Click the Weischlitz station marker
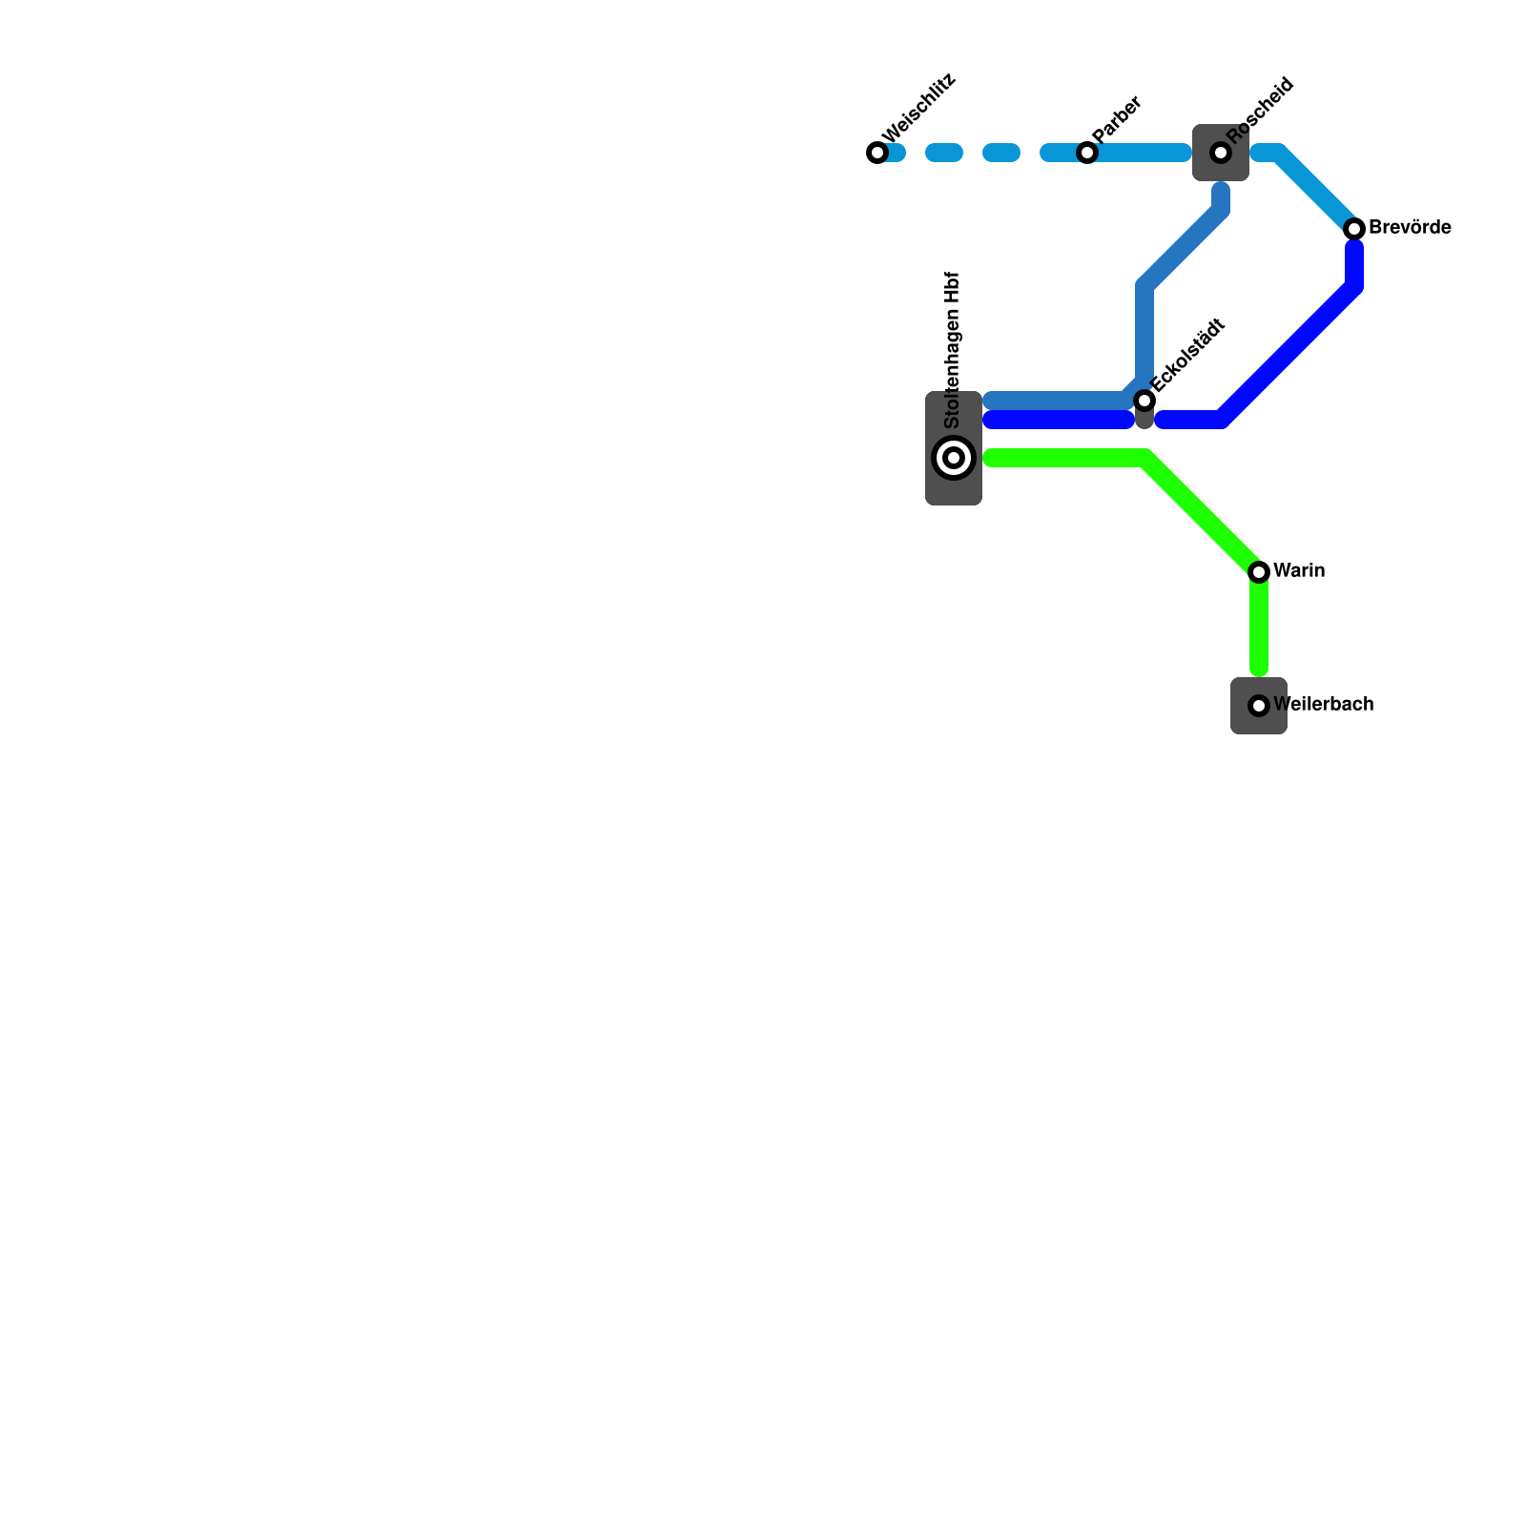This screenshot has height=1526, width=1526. pyautogui.click(x=877, y=153)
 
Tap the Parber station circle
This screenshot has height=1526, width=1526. pyautogui.click(x=1087, y=153)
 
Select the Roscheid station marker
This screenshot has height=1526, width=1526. pyautogui.click(x=1221, y=153)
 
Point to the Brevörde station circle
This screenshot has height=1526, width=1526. pyautogui.click(x=1354, y=229)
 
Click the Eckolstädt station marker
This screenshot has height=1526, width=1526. pyautogui.click(x=1144, y=401)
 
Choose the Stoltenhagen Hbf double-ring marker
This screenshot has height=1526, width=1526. pyautogui.click(x=954, y=458)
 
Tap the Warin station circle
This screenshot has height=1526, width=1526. pyautogui.click(x=1259, y=572)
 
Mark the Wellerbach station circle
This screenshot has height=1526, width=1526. pyautogui.click(x=1259, y=706)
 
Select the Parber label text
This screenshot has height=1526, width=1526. pyautogui.click(x=1117, y=119)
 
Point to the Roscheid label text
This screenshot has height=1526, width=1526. pyautogui.click(x=1260, y=111)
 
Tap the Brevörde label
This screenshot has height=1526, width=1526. pyautogui.click(x=1410, y=228)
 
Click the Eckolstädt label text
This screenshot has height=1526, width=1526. pyautogui.click(x=1187, y=355)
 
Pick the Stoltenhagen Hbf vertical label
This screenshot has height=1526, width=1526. pyautogui.click(x=952, y=350)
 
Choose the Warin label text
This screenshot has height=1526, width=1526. pyautogui.click(x=1299, y=571)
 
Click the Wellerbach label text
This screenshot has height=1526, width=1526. pyautogui.click(x=1324, y=705)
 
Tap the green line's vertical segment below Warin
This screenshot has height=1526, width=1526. pyautogui.click(x=1259, y=625)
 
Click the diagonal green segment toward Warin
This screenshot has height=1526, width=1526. pyautogui.click(x=1202, y=515)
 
